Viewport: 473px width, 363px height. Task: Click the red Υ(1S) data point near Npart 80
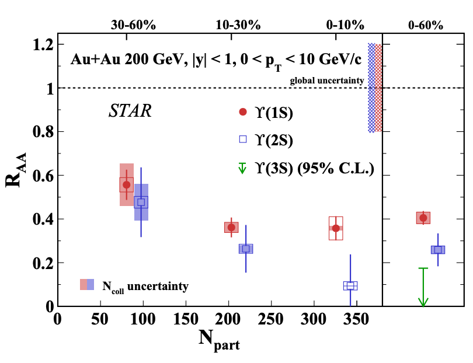[x=126, y=184]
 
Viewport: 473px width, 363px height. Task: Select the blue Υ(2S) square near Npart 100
[x=141, y=202]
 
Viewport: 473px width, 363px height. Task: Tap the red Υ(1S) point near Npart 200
[x=231, y=227]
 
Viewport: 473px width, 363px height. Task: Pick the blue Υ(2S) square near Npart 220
[x=246, y=249]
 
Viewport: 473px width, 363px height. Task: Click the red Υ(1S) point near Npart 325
[x=336, y=228]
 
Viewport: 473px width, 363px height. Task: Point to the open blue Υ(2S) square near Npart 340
[x=350, y=285]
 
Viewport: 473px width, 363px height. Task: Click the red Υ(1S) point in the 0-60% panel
[x=423, y=218]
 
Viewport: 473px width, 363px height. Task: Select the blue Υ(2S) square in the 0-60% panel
[x=437, y=250]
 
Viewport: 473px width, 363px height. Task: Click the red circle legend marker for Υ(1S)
[x=244, y=111]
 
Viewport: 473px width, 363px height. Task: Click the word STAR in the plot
[x=130, y=112]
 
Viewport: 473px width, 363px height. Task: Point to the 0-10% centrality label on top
[x=345, y=25]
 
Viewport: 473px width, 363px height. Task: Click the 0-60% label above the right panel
[x=425, y=25]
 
